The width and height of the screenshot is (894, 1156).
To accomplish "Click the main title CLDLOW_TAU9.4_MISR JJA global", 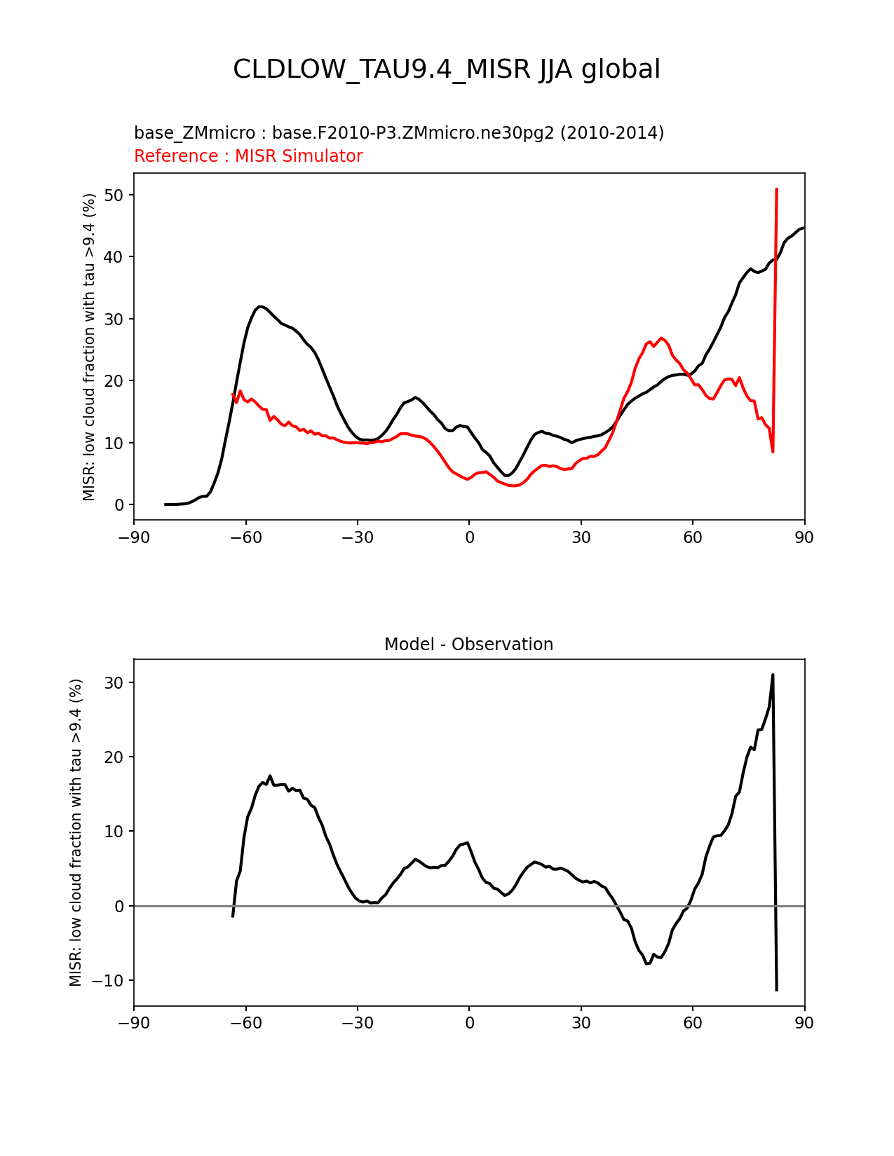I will (x=447, y=69).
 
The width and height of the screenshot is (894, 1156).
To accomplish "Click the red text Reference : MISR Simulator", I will (x=248, y=156).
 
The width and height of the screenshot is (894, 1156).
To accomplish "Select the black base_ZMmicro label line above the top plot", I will (x=398, y=132).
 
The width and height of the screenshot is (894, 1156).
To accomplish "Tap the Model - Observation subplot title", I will (x=468, y=645).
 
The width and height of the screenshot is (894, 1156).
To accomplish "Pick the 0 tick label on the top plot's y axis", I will (x=120, y=504).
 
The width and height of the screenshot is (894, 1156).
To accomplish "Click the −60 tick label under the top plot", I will (x=245, y=537).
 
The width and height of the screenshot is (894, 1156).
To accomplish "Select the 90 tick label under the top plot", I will (x=804, y=537).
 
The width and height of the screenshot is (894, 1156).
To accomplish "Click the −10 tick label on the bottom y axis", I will (x=111, y=980).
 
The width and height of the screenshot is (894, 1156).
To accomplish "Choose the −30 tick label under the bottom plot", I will (x=357, y=1023).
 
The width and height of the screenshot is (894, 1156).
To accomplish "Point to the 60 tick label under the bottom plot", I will (x=693, y=1023).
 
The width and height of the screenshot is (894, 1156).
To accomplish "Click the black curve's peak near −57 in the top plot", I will (x=260, y=306).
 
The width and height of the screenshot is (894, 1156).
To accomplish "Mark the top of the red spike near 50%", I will (x=777, y=189).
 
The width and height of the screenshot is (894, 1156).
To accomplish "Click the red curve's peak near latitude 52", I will (x=662, y=338).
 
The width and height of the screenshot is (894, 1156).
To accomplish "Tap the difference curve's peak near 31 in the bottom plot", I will (x=773, y=675).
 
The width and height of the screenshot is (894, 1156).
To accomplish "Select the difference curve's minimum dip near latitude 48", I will (x=647, y=964).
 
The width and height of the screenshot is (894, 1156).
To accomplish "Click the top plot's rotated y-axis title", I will (x=89, y=347).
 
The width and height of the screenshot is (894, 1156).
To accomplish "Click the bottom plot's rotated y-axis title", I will (x=76, y=832).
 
